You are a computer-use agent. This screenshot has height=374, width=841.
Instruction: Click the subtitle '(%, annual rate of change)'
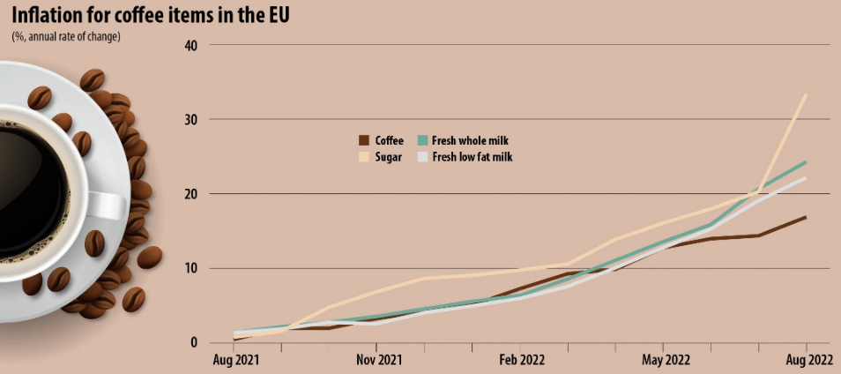click(x=66, y=36)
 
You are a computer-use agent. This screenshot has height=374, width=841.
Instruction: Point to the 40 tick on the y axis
click(x=190, y=45)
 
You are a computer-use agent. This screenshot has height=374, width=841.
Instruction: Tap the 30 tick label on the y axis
click(x=190, y=119)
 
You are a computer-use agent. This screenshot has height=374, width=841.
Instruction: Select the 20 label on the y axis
click(x=190, y=194)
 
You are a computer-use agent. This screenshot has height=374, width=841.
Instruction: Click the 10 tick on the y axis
click(x=190, y=268)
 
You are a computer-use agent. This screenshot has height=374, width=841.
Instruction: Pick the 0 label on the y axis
click(x=194, y=342)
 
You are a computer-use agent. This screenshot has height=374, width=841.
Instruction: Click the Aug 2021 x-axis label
click(x=235, y=360)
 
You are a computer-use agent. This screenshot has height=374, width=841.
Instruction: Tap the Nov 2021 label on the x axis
click(x=377, y=360)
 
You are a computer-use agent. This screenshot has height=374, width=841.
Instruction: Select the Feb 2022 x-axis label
click(x=522, y=360)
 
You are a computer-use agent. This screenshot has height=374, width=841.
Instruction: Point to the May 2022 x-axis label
click(x=666, y=360)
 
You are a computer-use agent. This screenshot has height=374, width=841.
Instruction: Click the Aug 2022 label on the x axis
click(x=807, y=360)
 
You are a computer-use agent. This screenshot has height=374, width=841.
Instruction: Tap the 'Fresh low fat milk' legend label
click(x=473, y=157)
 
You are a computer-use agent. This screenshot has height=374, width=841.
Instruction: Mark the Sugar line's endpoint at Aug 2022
click(x=806, y=94)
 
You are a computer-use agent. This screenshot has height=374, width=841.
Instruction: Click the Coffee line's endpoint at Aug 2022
click(x=806, y=217)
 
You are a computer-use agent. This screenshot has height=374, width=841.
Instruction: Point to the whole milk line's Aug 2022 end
click(x=806, y=162)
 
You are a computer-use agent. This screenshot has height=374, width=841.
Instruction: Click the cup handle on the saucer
click(x=110, y=206)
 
